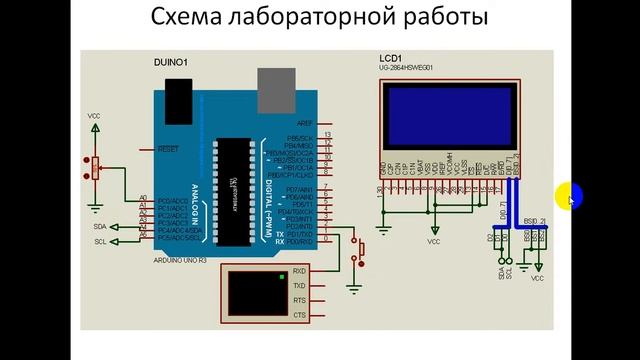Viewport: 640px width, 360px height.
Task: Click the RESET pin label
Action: click(167, 148)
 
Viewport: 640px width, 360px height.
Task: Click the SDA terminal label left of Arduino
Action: click(100, 227)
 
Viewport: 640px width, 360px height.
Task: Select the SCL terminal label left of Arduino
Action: click(100, 242)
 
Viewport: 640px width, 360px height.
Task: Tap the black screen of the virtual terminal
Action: click(255, 292)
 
